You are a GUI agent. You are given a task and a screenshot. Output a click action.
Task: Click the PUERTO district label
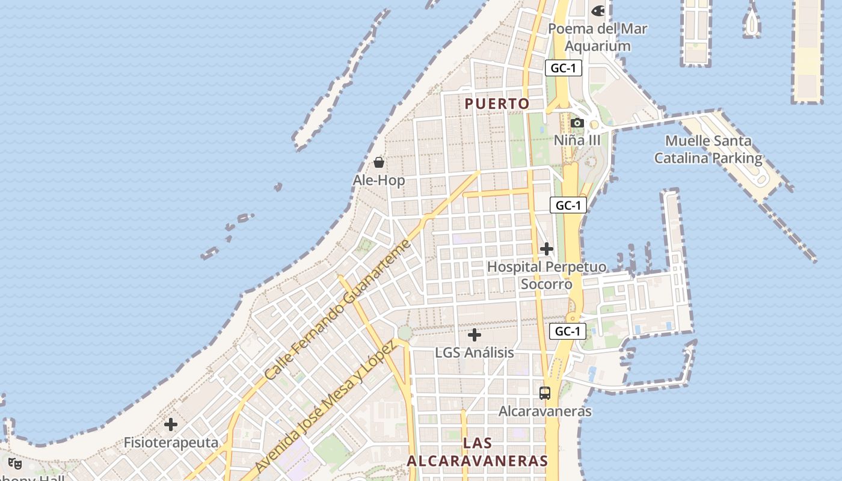(x=497, y=103)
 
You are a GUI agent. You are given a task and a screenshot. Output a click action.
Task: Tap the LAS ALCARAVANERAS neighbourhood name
(x=478, y=452)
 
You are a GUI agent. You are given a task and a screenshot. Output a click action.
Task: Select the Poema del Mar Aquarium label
(x=597, y=37)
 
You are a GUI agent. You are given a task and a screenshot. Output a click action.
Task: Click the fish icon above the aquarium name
(x=598, y=10)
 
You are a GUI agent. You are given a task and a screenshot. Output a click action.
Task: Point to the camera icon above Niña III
(x=577, y=123)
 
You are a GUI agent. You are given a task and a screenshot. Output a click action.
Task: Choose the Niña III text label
(x=577, y=140)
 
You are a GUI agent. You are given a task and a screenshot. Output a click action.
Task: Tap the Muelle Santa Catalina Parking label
(x=708, y=150)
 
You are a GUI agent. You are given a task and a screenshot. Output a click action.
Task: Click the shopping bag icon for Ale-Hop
(x=379, y=162)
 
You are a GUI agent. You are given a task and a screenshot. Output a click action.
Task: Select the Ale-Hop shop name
(x=379, y=180)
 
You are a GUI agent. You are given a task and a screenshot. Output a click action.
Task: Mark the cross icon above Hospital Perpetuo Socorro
(x=546, y=248)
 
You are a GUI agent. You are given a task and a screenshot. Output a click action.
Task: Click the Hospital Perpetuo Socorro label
(x=546, y=275)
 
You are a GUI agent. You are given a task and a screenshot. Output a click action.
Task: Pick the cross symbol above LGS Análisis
(x=475, y=335)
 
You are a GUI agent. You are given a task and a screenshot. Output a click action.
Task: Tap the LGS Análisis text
(x=475, y=352)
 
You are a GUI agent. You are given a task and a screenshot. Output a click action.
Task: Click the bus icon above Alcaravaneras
(x=545, y=393)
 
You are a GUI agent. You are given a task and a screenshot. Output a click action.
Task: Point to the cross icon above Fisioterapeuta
(x=171, y=424)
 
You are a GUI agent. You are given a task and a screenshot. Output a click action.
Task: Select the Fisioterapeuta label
(x=171, y=443)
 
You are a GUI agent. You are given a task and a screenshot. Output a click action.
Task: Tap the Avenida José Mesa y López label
(x=325, y=406)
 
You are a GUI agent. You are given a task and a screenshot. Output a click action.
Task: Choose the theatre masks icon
(x=15, y=464)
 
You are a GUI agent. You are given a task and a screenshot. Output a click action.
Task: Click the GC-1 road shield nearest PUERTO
(x=564, y=68)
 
